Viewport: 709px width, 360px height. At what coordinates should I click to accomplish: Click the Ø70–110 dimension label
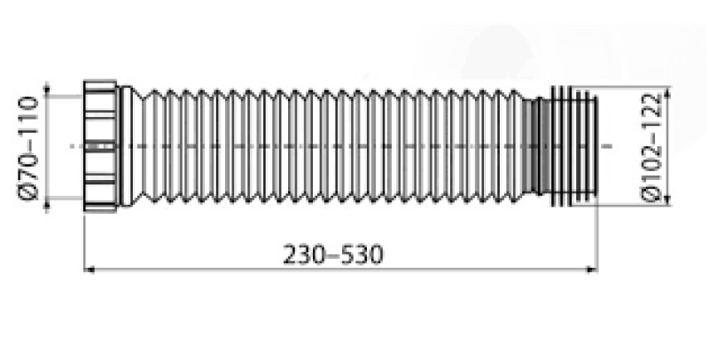coord(28,148)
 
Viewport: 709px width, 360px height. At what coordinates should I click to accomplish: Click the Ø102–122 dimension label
coord(651,148)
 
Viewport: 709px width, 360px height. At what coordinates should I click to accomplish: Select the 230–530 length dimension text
coord(333,254)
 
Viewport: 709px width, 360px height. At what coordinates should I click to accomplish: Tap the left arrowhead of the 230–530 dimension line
coord(90,270)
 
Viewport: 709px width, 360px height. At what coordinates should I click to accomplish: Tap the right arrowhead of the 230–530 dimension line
coord(592,270)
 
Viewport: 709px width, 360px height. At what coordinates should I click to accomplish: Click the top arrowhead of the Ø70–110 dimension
coord(47,88)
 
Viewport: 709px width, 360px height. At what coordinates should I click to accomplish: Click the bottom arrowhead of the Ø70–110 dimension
coord(47,206)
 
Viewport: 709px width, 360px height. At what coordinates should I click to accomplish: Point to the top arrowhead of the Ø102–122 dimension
coord(669,91)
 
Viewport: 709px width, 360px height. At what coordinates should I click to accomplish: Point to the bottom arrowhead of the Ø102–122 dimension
coord(669,200)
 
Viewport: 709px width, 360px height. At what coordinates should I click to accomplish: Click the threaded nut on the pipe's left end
coord(101,146)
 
